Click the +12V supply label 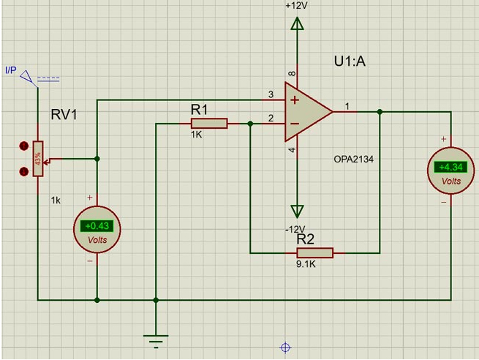[x=297, y=5]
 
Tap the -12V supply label [x=296, y=229]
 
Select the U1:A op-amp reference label [x=350, y=62]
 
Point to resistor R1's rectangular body [x=208, y=124]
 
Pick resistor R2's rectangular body [x=314, y=252]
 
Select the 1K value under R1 [x=197, y=135]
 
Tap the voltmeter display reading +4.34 [x=449, y=167]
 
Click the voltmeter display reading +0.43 [x=94, y=226]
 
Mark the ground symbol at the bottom [x=155, y=339]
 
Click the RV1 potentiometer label [x=64, y=115]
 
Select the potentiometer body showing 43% [x=37, y=158]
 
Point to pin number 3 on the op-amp [x=271, y=94]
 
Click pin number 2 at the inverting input [x=271, y=118]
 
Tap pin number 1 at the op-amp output [x=347, y=106]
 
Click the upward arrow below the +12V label [x=297, y=26]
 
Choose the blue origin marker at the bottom [x=285, y=348]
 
